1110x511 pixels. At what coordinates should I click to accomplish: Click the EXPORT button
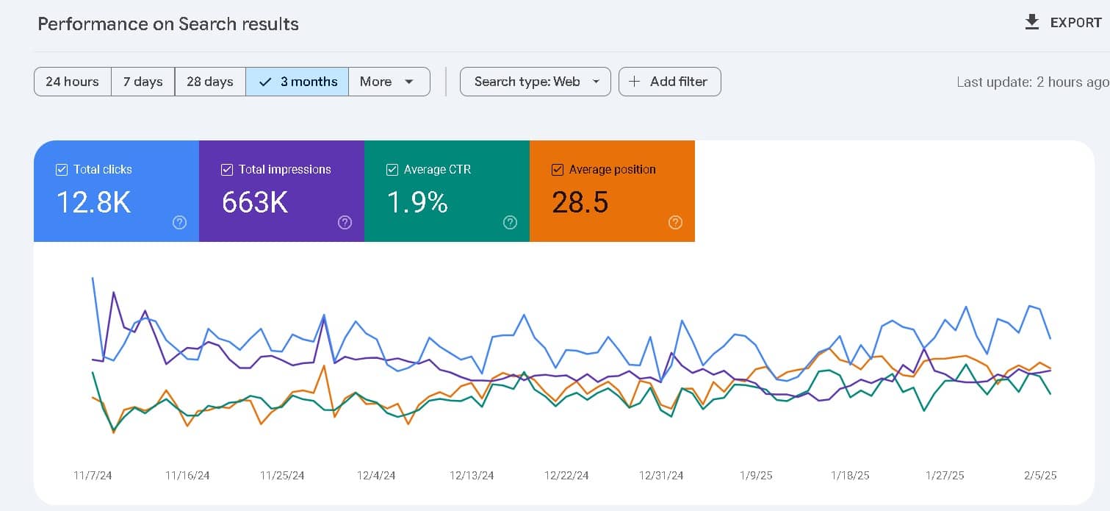point(1063,23)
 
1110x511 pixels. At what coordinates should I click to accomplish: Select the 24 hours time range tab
point(72,82)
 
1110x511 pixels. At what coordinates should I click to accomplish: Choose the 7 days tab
point(143,82)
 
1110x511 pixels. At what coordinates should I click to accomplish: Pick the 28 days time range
point(209,82)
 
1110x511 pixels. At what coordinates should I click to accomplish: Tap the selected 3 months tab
point(298,82)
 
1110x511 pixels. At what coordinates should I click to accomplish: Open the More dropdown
point(389,82)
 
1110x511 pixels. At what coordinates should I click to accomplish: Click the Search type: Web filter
point(535,82)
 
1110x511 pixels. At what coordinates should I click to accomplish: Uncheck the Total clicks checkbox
point(62,170)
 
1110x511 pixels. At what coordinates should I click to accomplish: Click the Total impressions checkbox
point(227,170)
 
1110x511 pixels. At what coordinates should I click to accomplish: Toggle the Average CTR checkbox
point(392,170)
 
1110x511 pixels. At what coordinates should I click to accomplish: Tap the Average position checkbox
point(558,170)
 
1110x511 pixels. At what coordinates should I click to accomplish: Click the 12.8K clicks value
point(93,201)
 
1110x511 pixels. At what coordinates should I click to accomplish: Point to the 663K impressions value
point(255,201)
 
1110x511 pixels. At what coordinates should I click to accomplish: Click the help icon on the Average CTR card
point(510,223)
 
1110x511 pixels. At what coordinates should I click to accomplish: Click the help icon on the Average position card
point(675,223)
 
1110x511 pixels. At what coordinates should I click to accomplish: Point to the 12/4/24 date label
point(376,476)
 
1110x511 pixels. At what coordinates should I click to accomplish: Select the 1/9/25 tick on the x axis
point(755,476)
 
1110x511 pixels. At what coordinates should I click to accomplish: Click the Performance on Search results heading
point(168,24)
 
